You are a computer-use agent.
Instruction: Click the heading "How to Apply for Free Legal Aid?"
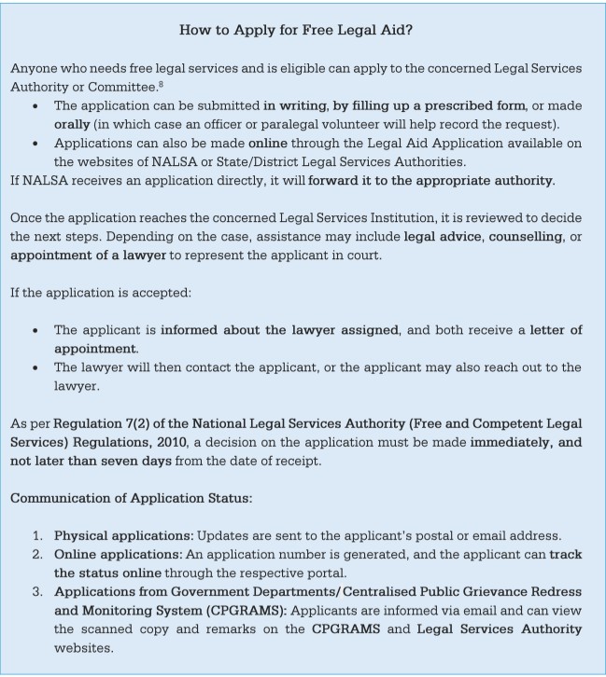(296, 30)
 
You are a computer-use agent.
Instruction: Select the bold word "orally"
(75, 124)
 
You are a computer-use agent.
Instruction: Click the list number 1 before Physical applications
(37, 535)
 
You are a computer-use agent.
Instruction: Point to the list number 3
(37, 591)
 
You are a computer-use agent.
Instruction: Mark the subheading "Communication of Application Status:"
(131, 499)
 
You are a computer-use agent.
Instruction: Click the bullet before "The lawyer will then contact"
(35, 367)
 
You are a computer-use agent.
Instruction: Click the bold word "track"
(565, 554)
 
